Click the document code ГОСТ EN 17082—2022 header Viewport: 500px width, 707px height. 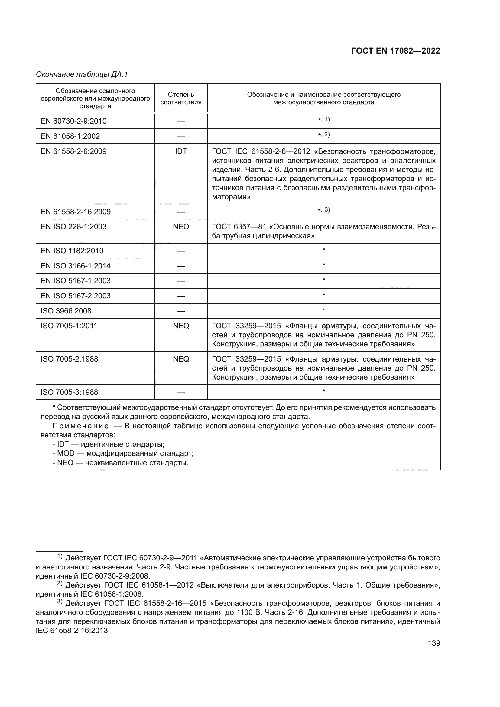point(395,51)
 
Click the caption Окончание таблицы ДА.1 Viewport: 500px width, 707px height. point(82,74)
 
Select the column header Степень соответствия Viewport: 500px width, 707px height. point(181,98)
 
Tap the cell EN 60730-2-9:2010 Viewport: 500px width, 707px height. point(73,121)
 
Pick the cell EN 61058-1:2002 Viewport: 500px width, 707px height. point(70,136)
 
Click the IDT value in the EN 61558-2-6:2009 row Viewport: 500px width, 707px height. point(181,151)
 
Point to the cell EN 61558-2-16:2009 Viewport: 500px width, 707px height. point(76,212)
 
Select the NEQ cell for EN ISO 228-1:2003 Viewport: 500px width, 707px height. point(181,227)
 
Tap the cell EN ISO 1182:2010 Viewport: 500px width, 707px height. point(72,251)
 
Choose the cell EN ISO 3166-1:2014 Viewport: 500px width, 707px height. point(76,266)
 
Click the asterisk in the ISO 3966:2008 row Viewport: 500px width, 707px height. point(323,310)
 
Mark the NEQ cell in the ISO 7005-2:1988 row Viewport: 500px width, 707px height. point(181,359)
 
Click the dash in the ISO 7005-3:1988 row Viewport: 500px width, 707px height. point(181,393)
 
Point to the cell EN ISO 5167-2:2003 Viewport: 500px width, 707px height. point(76,296)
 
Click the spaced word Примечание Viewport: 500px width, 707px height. point(81,426)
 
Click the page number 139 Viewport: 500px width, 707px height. point(434,643)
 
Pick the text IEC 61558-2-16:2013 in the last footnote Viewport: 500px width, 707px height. point(72,630)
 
